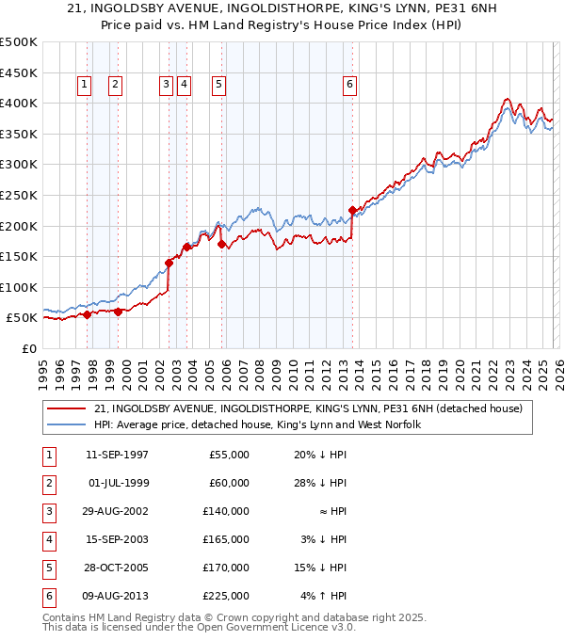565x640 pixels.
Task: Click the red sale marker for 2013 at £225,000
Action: pyautogui.click(x=351, y=211)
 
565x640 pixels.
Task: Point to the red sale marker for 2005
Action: pyautogui.click(x=222, y=244)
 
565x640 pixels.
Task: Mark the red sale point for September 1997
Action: pyautogui.click(x=88, y=315)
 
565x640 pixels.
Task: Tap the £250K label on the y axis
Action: pyautogui.click(x=19, y=195)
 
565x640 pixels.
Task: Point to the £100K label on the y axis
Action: pyautogui.click(x=19, y=287)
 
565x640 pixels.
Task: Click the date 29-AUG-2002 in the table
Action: pyautogui.click(x=116, y=511)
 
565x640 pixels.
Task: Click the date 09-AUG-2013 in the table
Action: pyautogui.click(x=116, y=596)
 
